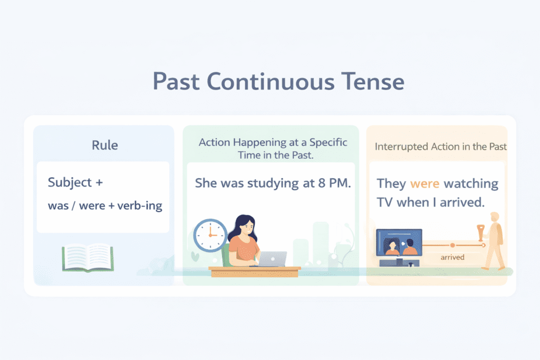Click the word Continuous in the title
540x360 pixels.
(x=271, y=82)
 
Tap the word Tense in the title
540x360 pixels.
(x=373, y=82)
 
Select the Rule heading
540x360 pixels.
(x=105, y=145)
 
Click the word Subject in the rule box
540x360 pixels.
(x=70, y=182)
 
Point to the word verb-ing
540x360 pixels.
(x=140, y=206)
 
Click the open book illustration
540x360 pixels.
(x=88, y=258)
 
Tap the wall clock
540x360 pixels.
(x=210, y=236)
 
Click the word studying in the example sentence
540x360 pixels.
(x=273, y=183)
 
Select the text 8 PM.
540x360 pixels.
(x=334, y=183)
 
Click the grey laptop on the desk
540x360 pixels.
(x=272, y=259)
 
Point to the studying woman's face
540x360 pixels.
(x=247, y=227)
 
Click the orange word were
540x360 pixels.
(x=425, y=184)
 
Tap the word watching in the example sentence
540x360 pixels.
(x=471, y=184)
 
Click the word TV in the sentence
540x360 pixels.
(x=384, y=202)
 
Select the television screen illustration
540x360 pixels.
(x=399, y=242)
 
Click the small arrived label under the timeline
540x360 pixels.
(x=452, y=257)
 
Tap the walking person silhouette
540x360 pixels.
(x=494, y=240)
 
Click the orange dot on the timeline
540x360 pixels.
(x=452, y=246)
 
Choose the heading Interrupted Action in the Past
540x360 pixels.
(x=440, y=147)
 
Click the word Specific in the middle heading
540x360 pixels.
(x=328, y=142)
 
